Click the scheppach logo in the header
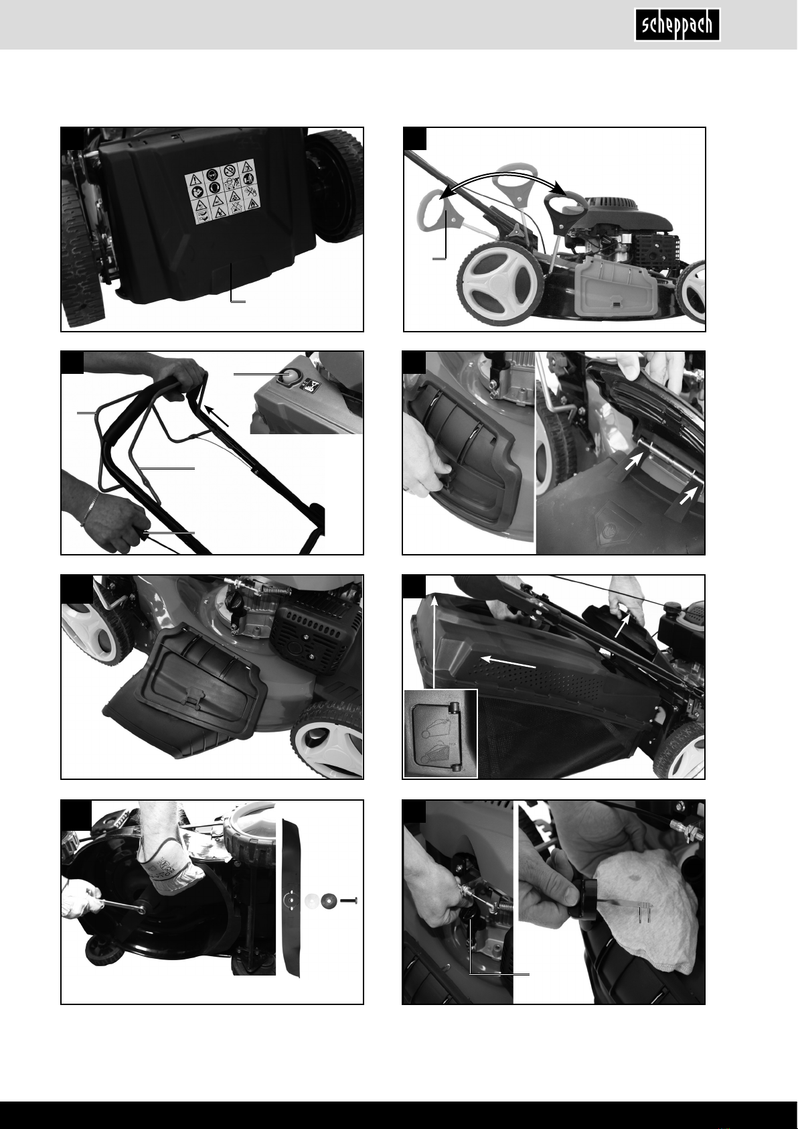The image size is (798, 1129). pyautogui.click(x=677, y=25)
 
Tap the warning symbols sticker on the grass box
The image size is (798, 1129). pyautogui.click(x=223, y=192)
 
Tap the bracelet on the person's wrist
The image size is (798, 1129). pyautogui.click(x=90, y=509)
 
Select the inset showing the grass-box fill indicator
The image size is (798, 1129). pyautogui.click(x=441, y=733)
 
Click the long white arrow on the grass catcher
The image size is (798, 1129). pyautogui.click(x=507, y=662)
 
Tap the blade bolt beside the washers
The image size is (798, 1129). pyautogui.click(x=349, y=900)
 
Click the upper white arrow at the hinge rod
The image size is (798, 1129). pyautogui.click(x=634, y=461)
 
